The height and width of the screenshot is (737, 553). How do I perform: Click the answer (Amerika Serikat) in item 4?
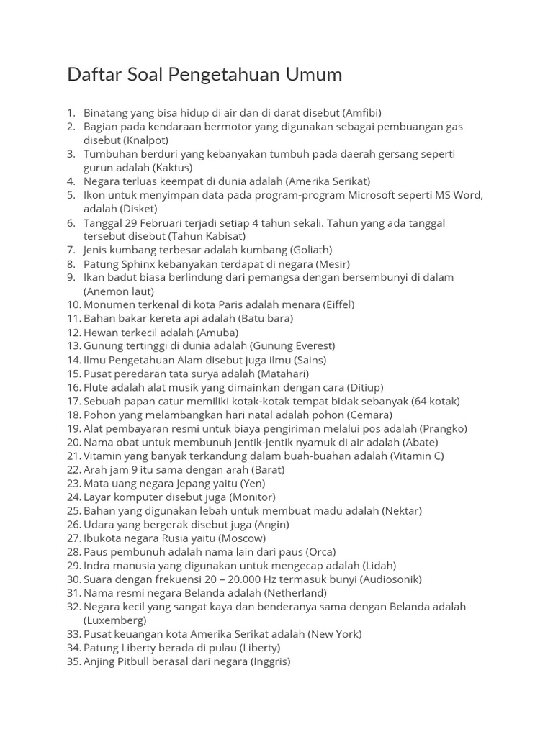(328, 181)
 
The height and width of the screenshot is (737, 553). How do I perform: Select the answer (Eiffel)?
(336, 304)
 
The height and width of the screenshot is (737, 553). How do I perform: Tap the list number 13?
(73, 346)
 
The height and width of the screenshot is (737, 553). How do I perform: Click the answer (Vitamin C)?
(417, 456)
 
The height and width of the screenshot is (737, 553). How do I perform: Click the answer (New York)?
(334, 634)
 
